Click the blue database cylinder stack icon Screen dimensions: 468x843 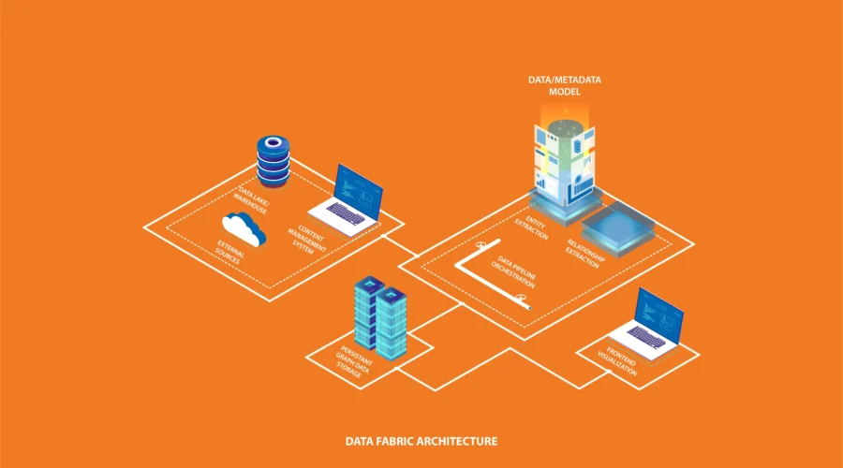point(272,161)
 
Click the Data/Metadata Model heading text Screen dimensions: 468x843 point(563,86)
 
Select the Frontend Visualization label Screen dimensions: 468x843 point(619,361)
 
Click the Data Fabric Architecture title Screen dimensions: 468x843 point(421,440)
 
